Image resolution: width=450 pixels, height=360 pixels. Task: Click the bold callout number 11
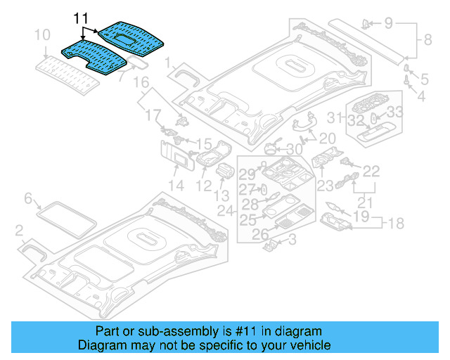pyautogui.click(x=82, y=18)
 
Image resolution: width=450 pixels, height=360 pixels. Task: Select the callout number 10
pyautogui.click(x=42, y=35)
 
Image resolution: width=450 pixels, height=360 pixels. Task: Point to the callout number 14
pyautogui.click(x=175, y=186)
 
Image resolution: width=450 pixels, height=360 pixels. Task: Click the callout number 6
pyautogui.click(x=28, y=198)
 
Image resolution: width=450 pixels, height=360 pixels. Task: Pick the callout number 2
pyautogui.click(x=19, y=229)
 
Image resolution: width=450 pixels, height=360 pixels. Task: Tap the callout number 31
pyautogui.click(x=338, y=117)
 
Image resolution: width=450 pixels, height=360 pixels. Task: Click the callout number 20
pyautogui.click(x=327, y=138)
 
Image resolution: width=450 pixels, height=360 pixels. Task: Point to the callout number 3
pyautogui.click(x=292, y=241)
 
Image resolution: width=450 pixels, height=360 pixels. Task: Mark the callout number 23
pyautogui.click(x=324, y=186)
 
